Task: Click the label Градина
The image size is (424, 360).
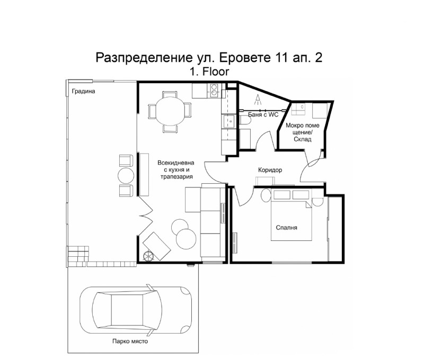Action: tap(83, 91)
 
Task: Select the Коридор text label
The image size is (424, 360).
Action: tap(270, 170)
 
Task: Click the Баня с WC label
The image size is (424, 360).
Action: tap(263, 114)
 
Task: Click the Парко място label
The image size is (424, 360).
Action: tap(130, 341)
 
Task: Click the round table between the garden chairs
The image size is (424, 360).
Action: tap(126, 175)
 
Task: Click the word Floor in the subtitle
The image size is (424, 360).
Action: tap(216, 71)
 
